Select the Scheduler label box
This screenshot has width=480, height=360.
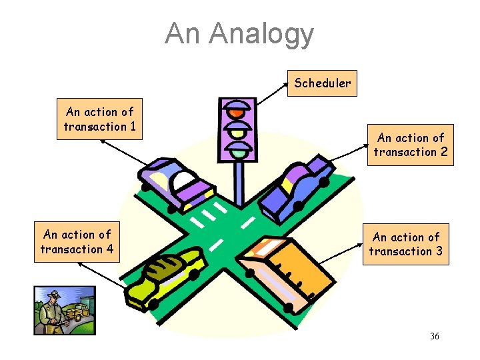322,83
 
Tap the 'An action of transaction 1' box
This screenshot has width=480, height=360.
100,119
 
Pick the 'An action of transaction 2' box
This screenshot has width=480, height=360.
411,145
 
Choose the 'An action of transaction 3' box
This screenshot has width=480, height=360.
406,244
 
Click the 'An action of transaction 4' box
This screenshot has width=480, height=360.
77,241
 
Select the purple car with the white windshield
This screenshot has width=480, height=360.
176,183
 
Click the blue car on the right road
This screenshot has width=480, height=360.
297,188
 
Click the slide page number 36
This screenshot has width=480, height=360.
434,336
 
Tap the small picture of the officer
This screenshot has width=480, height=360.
59,310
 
